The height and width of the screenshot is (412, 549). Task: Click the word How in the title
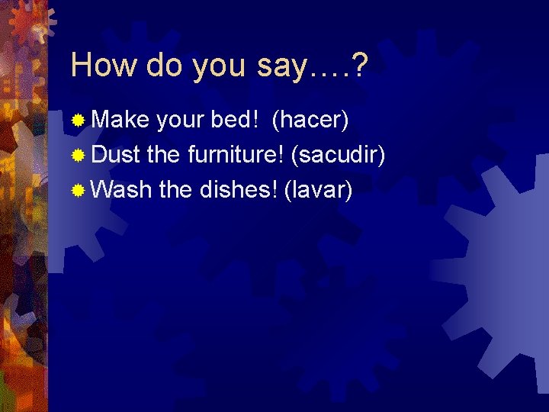coord(102,66)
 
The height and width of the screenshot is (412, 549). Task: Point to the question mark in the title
coord(358,66)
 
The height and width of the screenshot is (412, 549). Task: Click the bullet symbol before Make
coord(78,121)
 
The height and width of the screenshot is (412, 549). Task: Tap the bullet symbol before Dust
coord(78,155)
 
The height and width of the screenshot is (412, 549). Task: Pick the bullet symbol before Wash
coord(78,189)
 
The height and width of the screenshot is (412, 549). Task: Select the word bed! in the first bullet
coord(236,120)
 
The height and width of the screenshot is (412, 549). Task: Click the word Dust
coord(116,154)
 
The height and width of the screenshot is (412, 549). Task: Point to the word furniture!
coord(235,154)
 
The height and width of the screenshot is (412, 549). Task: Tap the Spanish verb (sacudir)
coord(339,155)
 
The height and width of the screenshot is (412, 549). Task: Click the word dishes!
coord(236,188)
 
